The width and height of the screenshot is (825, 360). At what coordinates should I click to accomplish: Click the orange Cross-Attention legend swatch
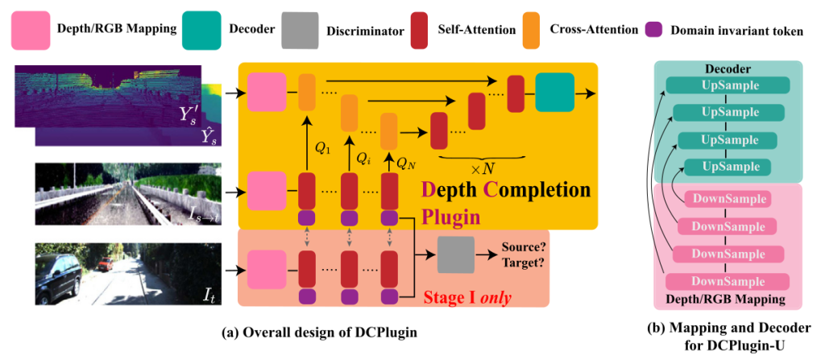tap(529, 29)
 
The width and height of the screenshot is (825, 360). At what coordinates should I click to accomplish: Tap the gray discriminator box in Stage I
tap(455, 255)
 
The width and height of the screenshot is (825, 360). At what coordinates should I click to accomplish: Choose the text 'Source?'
tap(524, 247)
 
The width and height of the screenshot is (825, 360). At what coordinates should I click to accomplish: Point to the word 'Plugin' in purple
tap(450, 217)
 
